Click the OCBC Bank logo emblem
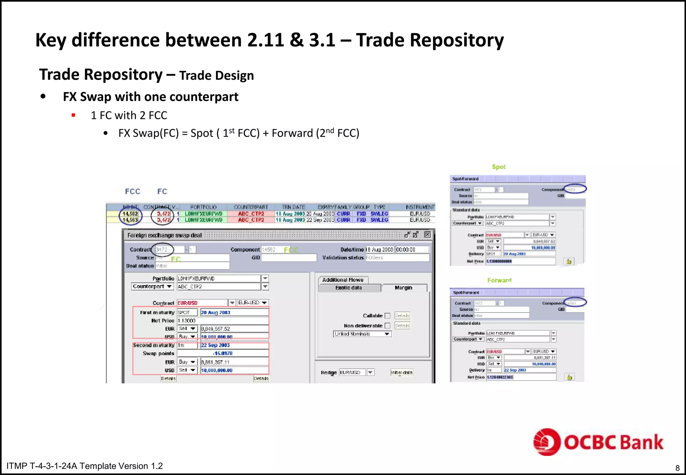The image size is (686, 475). click(x=546, y=442)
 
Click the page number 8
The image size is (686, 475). click(x=677, y=468)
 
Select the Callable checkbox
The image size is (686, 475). click(x=388, y=316)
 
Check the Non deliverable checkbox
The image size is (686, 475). click(x=388, y=326)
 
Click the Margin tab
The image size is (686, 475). click(x=403, y=288)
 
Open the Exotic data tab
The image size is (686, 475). click(x=348, y=288)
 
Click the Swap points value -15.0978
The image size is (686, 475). click(x=223, y=353)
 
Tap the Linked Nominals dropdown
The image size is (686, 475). click(x=362, y=334)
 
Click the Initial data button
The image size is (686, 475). click(x=401, y=372)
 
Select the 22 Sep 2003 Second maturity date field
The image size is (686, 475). click(x=234, y=345)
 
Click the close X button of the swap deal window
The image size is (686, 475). click(x=427, y=234)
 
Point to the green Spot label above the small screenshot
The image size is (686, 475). click(x=498, y=167)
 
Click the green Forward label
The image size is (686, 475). click(x=499, y=280)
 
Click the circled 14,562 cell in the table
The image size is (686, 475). click(x=130, y=214)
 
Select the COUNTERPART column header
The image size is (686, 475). click(x=251, y=207)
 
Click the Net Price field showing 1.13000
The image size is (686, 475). click(x=223, y=321)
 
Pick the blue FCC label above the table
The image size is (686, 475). click(x=133, y=191)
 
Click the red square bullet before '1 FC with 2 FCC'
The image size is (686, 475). click(x=73, y=116)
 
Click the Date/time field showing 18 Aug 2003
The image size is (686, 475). click(x=380, y=250)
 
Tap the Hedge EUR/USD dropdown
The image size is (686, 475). click(x=356, y=372)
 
